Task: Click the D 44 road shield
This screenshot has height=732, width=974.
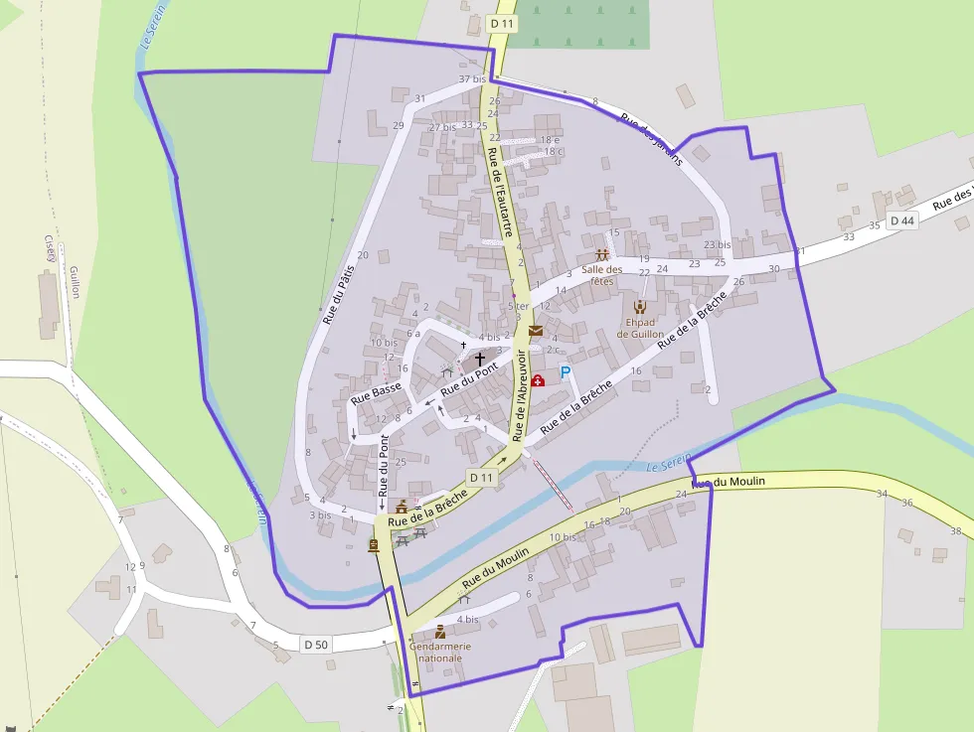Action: click(x=901, y=220)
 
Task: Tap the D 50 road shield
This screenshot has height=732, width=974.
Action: click(x=316, y=645)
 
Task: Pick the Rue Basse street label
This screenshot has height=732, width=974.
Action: click(x=377, y=393)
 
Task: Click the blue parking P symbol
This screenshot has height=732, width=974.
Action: click(x=566, y=372)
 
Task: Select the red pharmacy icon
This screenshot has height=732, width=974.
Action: click(x=539, y=379)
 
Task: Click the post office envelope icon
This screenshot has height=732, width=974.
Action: click(x=536, y=331)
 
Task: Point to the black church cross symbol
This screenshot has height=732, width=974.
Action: click(x=480, y=359)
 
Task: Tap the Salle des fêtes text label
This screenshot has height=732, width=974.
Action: click(x=601, y=275)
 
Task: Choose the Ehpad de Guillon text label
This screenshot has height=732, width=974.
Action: click(x=640, y=328)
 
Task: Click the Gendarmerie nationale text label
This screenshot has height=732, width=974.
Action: click(x=439, y=652)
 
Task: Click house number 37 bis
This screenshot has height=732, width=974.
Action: click(x=472, y=78)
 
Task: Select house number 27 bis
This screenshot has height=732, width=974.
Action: click(x=442, y=127)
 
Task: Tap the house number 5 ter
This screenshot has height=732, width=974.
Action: click(x=518, y=306)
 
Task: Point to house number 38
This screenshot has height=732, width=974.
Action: click(x=955, y=531)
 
